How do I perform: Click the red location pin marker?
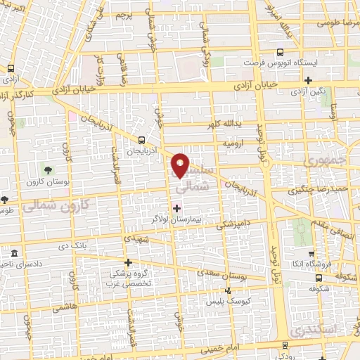click(181, 165)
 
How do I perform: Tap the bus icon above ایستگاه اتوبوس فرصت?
click(280, 52)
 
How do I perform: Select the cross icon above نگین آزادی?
click(309, 81)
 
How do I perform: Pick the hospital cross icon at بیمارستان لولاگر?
click(176, 207)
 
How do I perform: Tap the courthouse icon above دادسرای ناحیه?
click(15, 252)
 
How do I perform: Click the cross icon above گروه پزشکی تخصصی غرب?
click(128, 262)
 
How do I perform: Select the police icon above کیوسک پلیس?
click(227, 290)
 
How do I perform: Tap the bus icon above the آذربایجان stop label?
click(143, 139)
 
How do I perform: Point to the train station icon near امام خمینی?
click(284, 345)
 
